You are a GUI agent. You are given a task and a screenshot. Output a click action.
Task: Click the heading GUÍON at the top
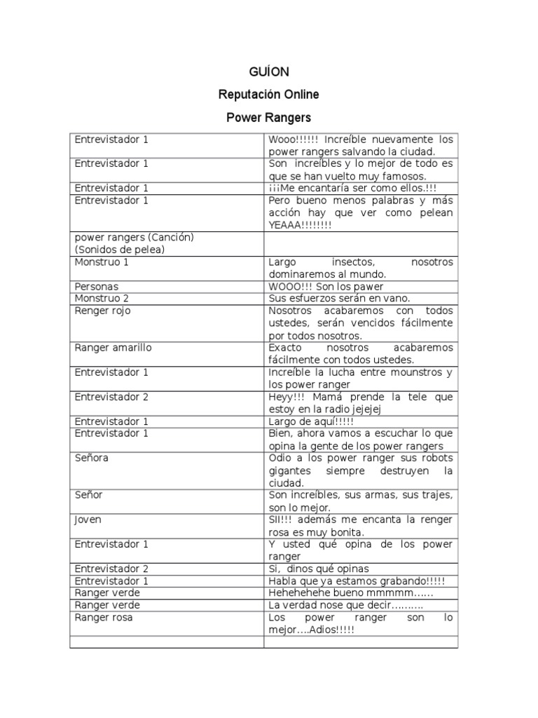click(x=268, y=72)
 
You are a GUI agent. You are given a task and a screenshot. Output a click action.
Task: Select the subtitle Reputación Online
click(x=268, y=94)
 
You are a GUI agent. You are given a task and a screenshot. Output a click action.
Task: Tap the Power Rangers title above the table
click(x=268, y=116)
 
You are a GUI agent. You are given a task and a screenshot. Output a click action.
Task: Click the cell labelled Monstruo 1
click(x=102, y=262)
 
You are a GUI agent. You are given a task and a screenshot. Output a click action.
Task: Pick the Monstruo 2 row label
click(x=102, y=299)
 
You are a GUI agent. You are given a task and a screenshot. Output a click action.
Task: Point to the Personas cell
click(x=97, y=287)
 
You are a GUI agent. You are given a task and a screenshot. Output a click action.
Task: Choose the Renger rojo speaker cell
click(x=103, y=311)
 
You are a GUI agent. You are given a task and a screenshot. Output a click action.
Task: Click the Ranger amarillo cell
click(x=113, y=348)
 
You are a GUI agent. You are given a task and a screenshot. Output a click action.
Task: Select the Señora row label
click(x=92, y=458)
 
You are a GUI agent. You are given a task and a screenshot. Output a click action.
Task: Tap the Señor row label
click(x=89, y=495)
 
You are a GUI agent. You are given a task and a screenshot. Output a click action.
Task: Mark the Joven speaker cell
click(x=88, y=520)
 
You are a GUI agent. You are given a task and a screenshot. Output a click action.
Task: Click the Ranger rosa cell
click(x=104, y=618)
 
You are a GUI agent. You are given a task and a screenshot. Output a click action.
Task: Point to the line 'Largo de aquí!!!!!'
click(x=311, y=421)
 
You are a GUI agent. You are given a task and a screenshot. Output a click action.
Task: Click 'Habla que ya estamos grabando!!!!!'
click(x=357, y=581)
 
